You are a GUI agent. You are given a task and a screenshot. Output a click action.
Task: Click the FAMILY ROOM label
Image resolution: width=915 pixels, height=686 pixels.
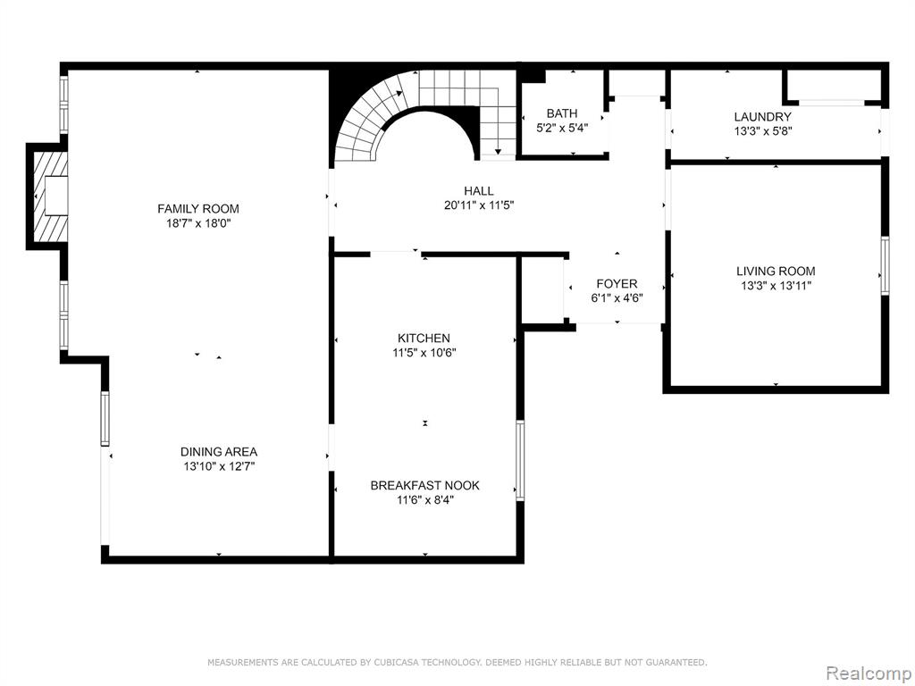198,209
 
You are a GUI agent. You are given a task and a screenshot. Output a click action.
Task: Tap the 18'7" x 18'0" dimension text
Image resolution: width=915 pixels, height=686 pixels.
198,223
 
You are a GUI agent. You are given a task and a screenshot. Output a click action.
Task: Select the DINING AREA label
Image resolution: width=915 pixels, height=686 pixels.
219,451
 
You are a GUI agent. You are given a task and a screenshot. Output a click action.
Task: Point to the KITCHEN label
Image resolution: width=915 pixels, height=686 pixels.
424,339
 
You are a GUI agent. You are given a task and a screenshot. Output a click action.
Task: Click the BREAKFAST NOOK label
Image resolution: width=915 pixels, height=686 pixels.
424,485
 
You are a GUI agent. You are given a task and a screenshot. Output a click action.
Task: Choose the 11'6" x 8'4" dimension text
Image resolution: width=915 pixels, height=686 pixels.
424,500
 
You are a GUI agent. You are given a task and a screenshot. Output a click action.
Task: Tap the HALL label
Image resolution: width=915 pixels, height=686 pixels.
479,191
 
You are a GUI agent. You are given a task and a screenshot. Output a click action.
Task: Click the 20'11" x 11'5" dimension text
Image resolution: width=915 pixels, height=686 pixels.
479,205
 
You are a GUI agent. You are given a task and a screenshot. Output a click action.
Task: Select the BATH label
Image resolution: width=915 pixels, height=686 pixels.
562,113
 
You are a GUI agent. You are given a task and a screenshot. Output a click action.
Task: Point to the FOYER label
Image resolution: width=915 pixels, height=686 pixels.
617,284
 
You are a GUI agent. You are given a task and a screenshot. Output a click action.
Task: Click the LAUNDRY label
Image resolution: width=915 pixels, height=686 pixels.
763,117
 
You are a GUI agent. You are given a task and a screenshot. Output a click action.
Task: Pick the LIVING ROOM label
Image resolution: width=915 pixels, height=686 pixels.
776,272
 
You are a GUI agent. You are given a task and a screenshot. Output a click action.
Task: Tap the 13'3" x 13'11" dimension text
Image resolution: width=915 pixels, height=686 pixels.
776,286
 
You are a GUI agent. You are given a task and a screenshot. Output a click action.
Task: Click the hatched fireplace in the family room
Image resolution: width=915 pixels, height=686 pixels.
49,196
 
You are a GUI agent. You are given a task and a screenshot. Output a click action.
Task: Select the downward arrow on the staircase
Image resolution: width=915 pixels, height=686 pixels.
498,150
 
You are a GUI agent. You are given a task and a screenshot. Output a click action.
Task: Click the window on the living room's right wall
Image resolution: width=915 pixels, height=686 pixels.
886,266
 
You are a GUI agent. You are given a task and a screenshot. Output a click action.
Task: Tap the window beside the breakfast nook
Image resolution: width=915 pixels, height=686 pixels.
520,460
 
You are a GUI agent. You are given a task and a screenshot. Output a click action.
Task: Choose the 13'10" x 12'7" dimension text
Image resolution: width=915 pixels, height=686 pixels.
219,466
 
